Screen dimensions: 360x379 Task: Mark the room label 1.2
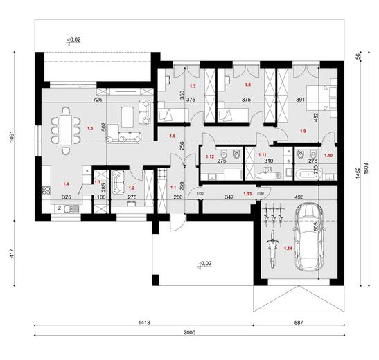point(132,187)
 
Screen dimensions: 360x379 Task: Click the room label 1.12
point(210,156)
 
